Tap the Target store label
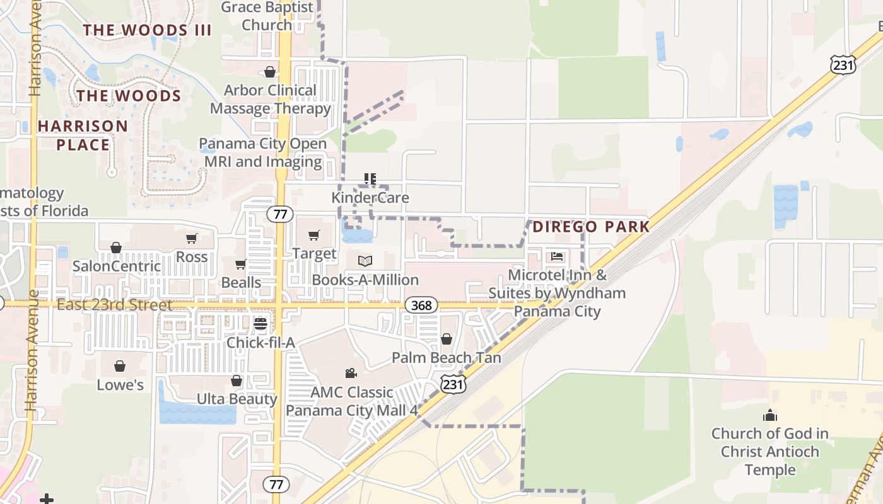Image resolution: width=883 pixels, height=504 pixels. pyautogui.click(x=314, y=254)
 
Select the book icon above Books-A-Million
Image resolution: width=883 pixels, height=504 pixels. pyautogui.click(x=365, y=261)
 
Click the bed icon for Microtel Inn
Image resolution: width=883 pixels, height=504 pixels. pyautogui.click(x=557, y=256)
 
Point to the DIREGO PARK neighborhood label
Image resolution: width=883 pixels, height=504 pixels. pyautogui.click(x=591, y=227)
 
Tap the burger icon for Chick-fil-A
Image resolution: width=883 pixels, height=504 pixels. pyautogui.click(x=260, y=324)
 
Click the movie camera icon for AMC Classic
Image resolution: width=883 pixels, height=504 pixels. pyautogui.click(x=351, y=373)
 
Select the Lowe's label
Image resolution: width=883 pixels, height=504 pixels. pyautogui.click(x=120, y=385)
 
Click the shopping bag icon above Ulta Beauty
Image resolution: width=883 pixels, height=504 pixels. pyautogui.click(x=237, y=381)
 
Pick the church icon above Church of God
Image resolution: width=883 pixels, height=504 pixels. pyautogui.click(x=769, y=415)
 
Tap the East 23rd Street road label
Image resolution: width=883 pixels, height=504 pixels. pyautogui.click(x=114, y=306)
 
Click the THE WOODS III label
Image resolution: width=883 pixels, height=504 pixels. pyautogui.click(x=147, y=30)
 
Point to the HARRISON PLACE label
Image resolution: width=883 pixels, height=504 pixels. pyautogui.click(x=83, y=135)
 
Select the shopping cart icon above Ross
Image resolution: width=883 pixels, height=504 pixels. pyautogui.click(x=191, y=238)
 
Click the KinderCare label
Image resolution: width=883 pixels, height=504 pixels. pyautogui.click(x=370, y=198)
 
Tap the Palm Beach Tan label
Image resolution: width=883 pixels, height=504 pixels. pyautogui.click(x=447, y=358)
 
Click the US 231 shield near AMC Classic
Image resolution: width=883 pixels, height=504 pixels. pyautogui.click(x=453, y=384)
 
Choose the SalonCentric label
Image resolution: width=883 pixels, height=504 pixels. pyautogui.click(x=117, y=266)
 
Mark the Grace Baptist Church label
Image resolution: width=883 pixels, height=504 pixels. pyautogui.click(x=267, y=16)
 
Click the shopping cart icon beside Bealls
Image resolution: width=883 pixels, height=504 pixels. pyautogui.click(x=240, y=265)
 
